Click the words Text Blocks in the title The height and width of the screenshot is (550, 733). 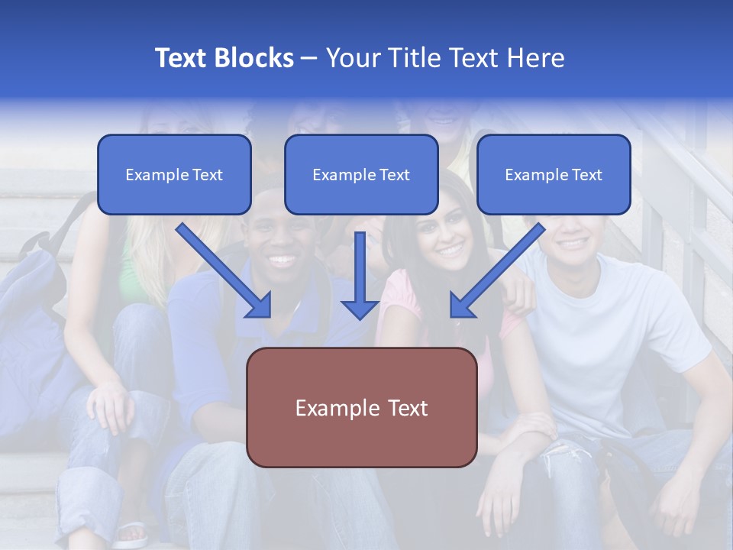coord(224,58)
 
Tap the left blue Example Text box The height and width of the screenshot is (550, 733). coord(174,175)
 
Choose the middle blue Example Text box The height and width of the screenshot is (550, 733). coord(361,175)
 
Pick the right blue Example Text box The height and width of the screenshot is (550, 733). coord(554,175)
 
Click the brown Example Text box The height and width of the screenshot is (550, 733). coord(361,407)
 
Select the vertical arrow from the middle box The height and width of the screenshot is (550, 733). coord(360,271)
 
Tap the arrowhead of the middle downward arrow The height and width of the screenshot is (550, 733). coord(360,309)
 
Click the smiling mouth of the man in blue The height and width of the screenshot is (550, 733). coord(281,260)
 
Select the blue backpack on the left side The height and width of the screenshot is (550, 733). coord(31,306)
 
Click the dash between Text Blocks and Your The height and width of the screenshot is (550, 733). coord(309,59)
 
